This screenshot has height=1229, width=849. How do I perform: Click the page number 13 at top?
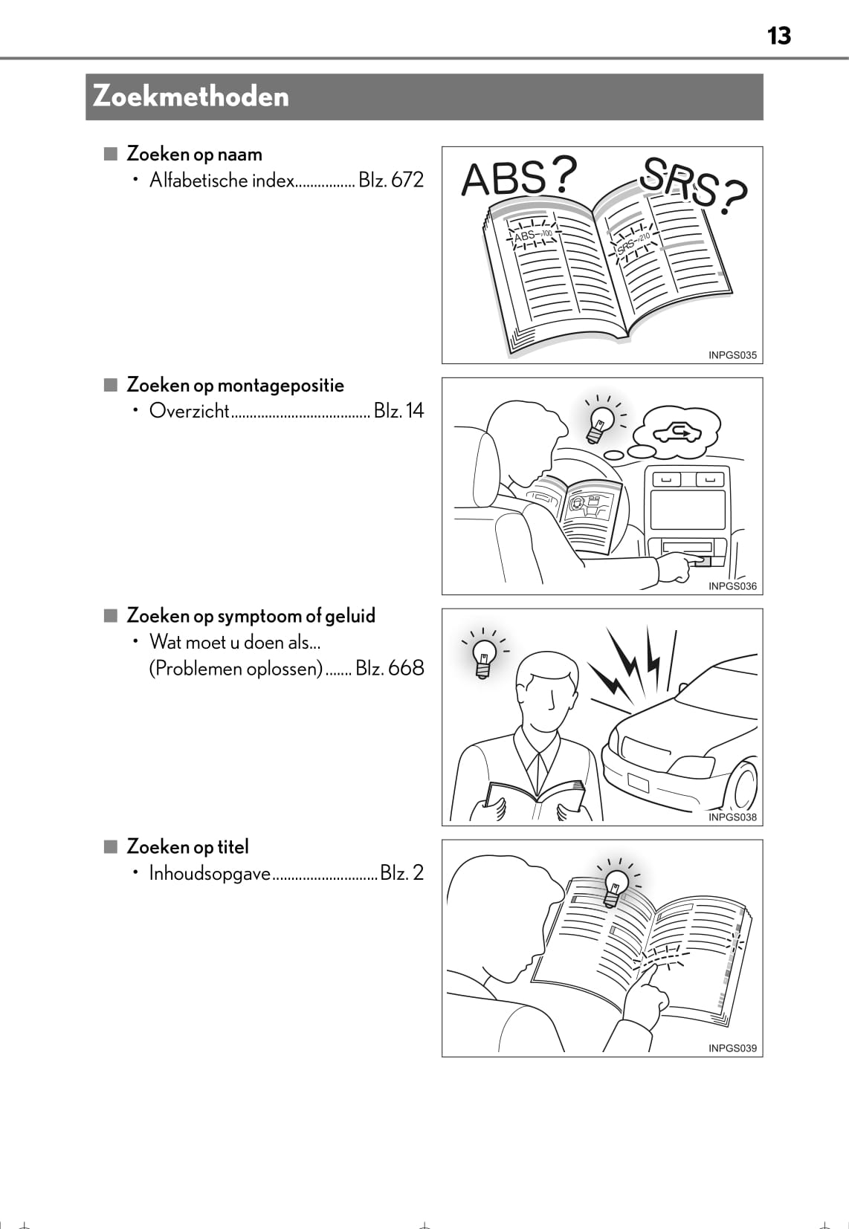(778, 36)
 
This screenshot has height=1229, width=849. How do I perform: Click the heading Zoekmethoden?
(191, 97)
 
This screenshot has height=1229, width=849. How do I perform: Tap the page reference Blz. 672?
(391, 180)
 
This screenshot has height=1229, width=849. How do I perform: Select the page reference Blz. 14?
(399, 410)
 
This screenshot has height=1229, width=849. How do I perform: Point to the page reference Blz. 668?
(390, 668)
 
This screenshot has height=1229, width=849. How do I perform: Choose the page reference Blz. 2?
(402, 872)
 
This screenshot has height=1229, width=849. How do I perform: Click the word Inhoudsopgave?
(210, 872)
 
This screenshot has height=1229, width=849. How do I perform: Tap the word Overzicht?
(189, 410)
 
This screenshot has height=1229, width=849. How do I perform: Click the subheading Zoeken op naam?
(194, 154)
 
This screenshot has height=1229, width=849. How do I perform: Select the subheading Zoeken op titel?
(187, 846)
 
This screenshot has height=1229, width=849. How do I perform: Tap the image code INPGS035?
(732, 355)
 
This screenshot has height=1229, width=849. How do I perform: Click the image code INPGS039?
(732, 1048)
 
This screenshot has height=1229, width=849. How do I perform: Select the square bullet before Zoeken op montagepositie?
(111, 385)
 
